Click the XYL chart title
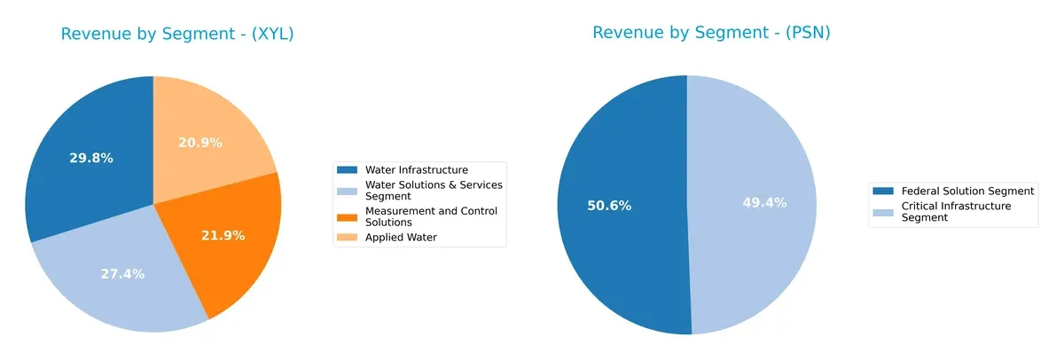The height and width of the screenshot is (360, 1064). tap(176, 35)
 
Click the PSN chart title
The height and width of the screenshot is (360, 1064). tap(710, 33)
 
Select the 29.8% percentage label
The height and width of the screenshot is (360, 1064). tap(91, 158)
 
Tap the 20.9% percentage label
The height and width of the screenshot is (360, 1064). tap(199, 142)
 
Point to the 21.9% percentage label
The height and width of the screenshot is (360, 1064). tap(223, 236)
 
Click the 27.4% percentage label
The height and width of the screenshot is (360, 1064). tap(122, 274)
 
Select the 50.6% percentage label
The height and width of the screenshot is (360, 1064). tap(609, 206)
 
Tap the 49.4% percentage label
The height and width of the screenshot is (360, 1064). tap(764, 203)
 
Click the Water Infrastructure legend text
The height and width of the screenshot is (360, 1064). tap(416, 169)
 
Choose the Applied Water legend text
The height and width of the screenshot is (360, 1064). tap(401, 238)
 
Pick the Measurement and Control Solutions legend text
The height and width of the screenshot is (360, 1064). tap(431, 216)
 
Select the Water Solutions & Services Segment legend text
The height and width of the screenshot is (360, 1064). tap(434, 190)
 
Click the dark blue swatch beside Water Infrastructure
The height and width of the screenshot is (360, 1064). tap(348, 169)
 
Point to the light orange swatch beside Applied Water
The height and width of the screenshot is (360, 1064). tap(348, 238)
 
